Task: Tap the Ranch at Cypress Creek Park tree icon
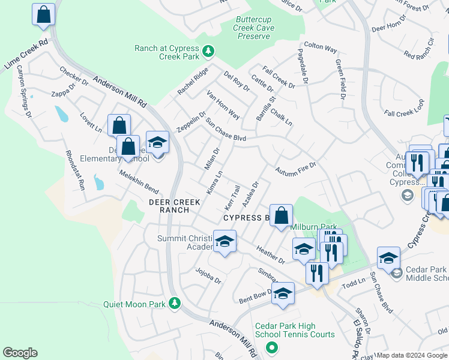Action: pyautogui.click(x=208, y=52)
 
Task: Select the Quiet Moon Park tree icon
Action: pyautogui.click(x=174, y=303)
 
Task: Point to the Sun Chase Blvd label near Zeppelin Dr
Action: pyautogui.click(x=227, y=130)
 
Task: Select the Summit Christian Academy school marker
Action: pyautogui.click(x=224, y=242)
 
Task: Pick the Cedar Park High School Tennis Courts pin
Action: pyautogui.click(x=271, y=347)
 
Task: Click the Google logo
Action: pyautogui.click(x=20, y=353)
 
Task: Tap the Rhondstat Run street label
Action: pyautogui.click(x=75, y=171)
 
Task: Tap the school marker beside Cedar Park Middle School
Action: pyautogui.click(x=388, y=258)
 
